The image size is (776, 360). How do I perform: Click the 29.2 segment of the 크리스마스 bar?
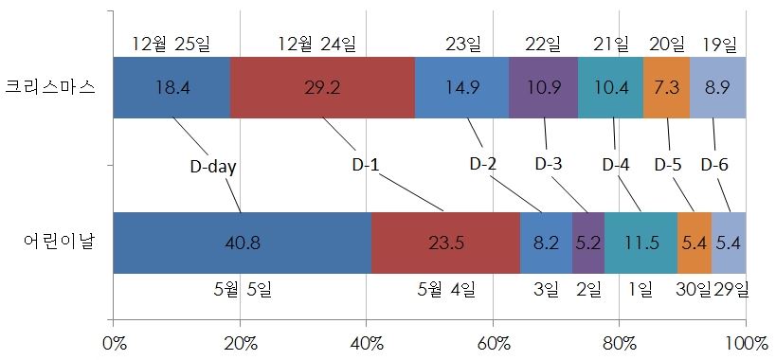[322, 87]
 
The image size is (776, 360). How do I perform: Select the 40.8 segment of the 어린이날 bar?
[242, 243]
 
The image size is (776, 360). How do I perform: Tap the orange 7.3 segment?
[666, 87]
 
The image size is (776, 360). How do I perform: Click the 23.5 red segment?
[445, 243]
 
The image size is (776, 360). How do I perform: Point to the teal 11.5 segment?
[641, 243]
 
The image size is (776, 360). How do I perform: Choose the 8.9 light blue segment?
[718, 87]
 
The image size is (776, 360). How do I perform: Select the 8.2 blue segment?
[546, 243]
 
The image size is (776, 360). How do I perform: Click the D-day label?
[212, 167]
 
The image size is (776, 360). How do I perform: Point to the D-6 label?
[714, 163]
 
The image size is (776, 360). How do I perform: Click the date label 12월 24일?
[316, 44]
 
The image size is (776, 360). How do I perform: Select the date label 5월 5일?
[242, 288]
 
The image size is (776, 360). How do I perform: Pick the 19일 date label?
[719, 44]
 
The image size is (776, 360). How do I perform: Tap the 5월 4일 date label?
[446, 288]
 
